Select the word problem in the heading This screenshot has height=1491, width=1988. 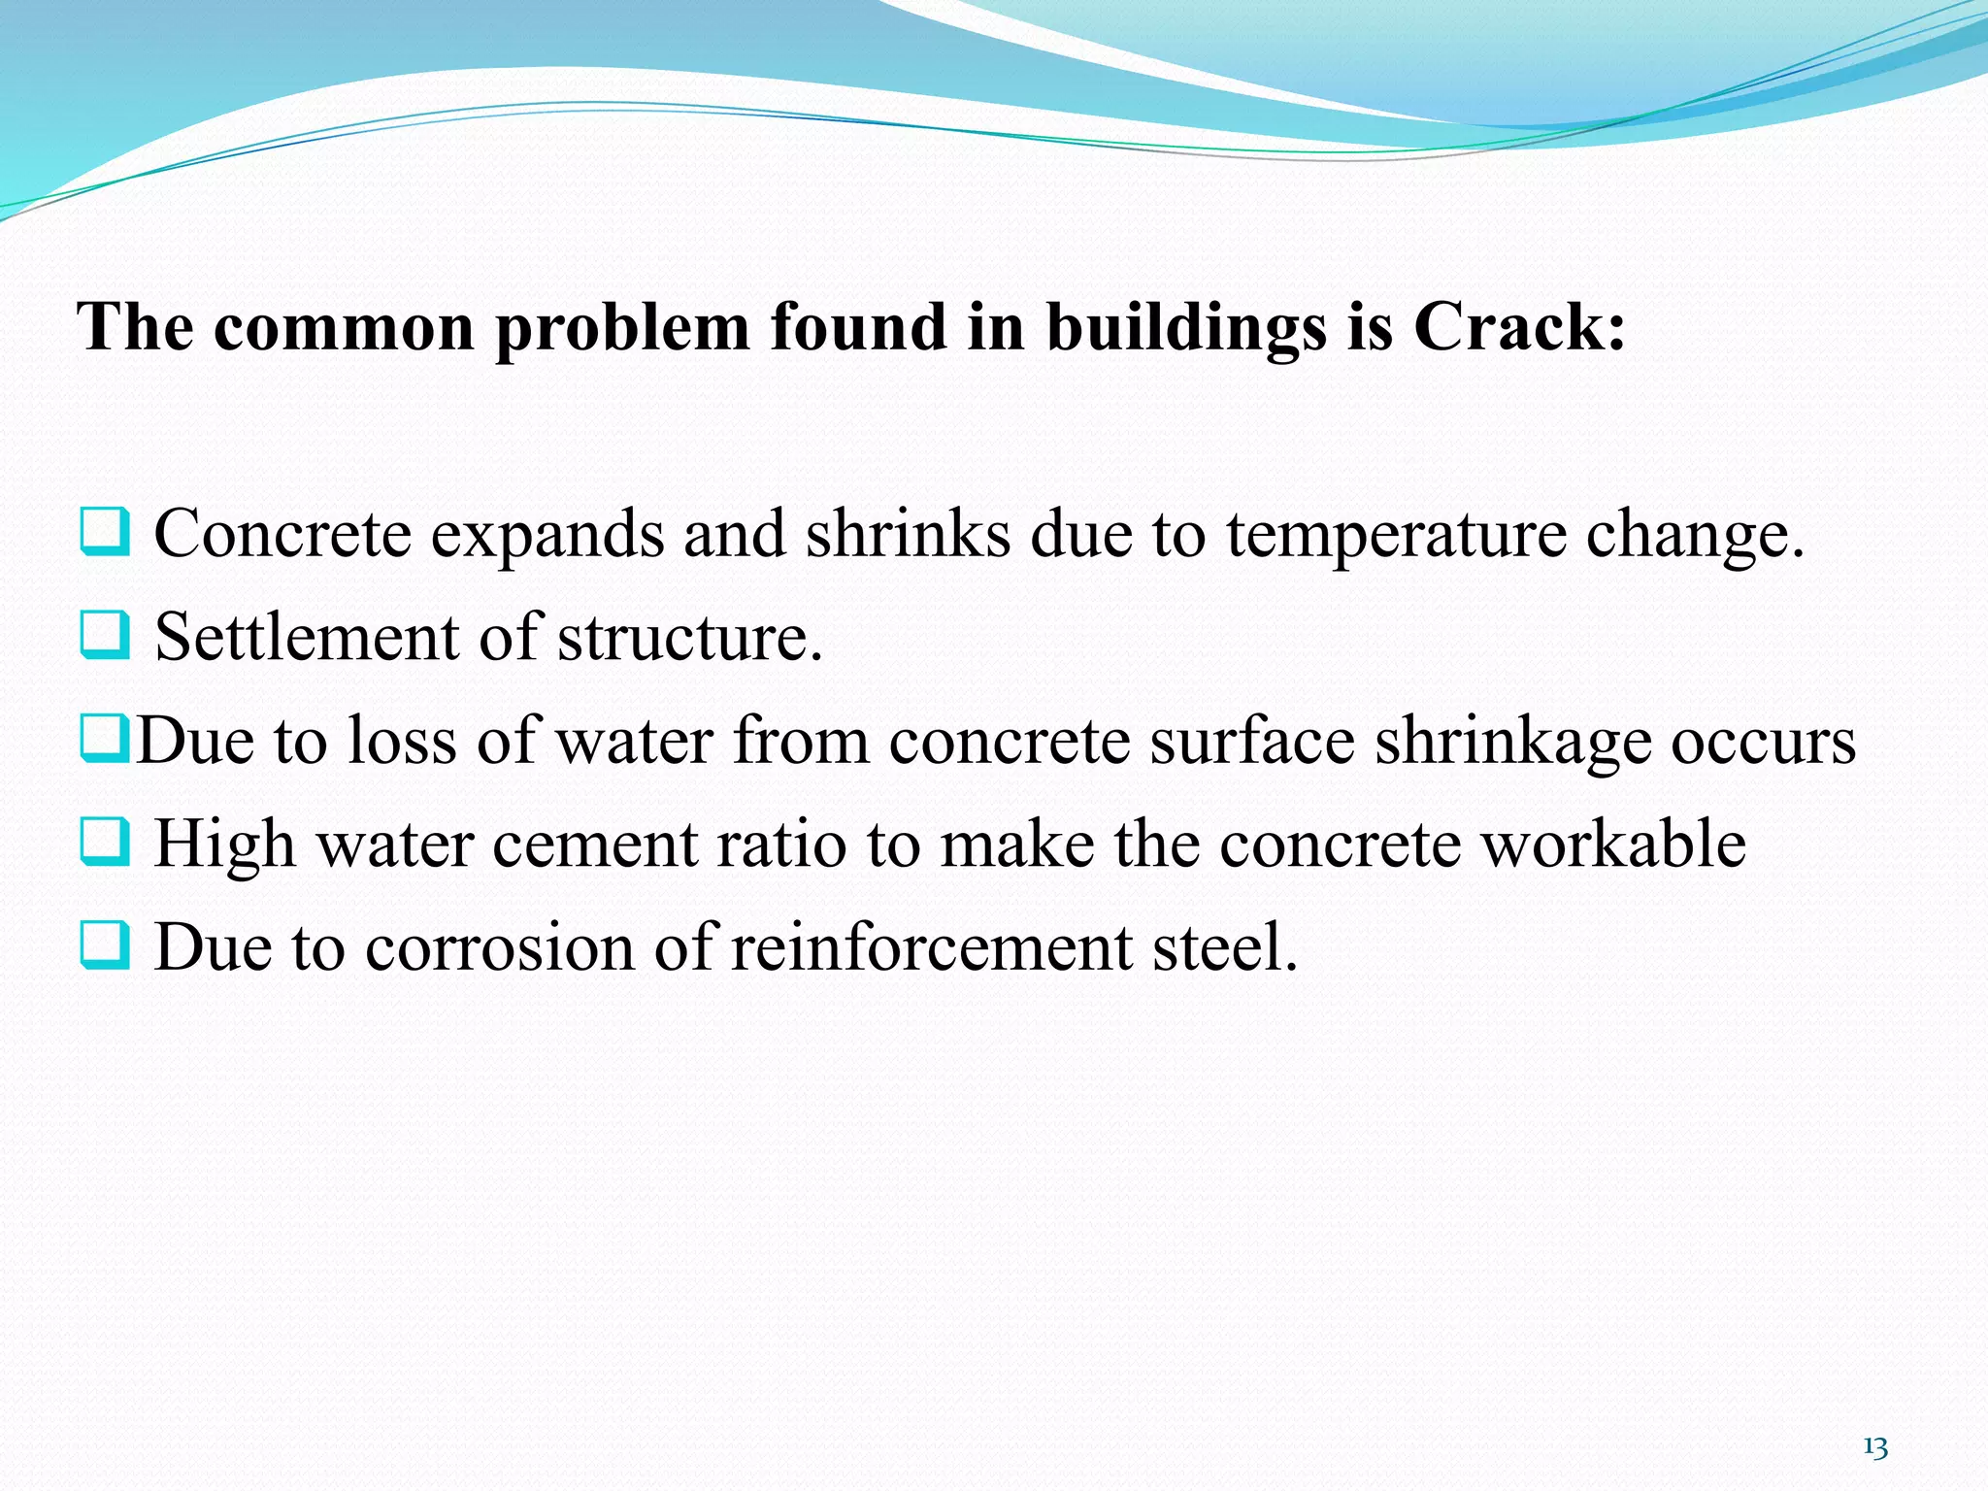click(622, 327)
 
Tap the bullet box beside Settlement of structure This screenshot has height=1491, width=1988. click(104, 636)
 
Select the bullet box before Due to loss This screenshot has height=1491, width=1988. click(104, 740)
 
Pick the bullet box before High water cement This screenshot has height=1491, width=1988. click(104, 843)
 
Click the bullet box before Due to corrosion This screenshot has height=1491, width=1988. click(104, 946)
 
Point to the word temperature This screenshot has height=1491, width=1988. click(1396, 535)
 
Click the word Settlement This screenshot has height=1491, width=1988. click(307, 638)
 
